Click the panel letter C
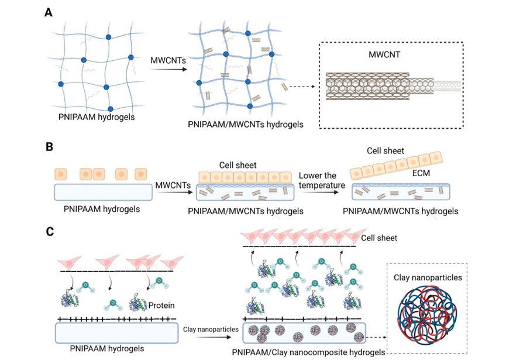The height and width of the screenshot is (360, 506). coord(50,231)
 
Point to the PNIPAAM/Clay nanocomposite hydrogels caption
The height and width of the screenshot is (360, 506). coord(308,352)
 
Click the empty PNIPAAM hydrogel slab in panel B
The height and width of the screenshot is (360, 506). coord(102,192)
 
